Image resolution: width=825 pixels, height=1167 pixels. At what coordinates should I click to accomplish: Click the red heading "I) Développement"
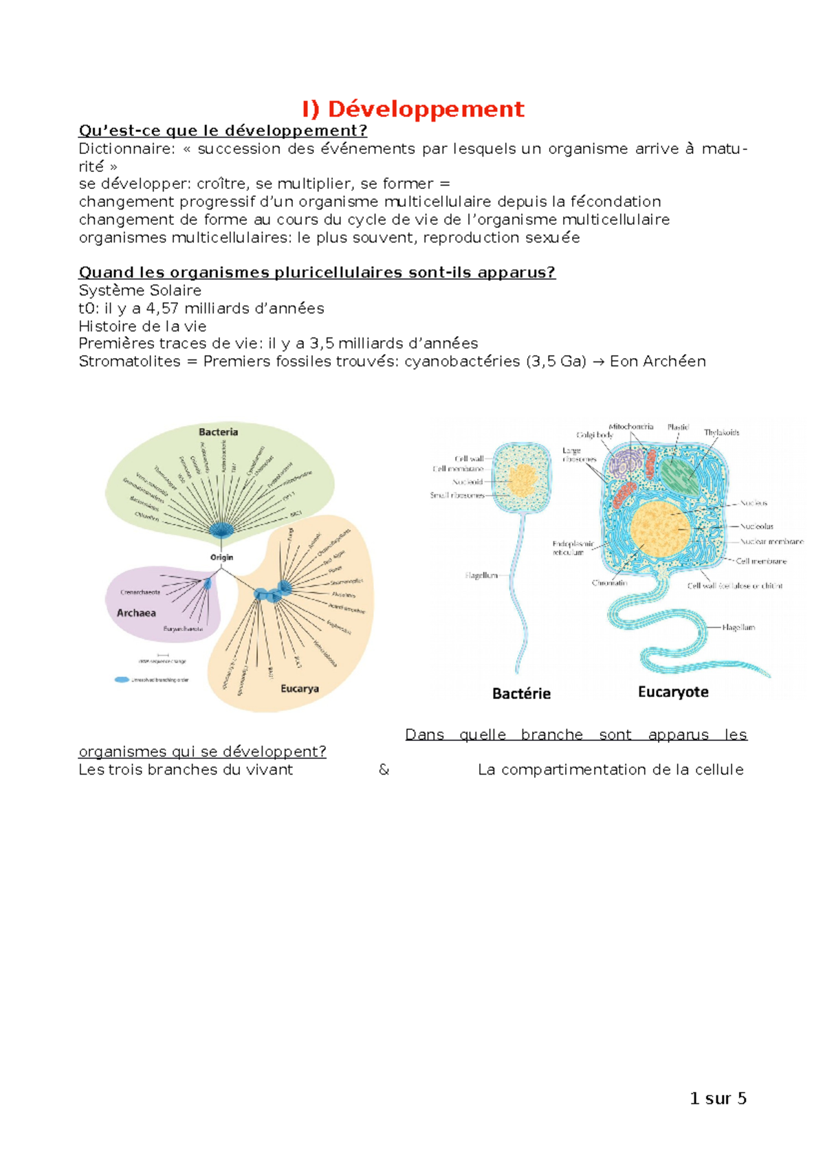pyautogui.click(x=412, y=109)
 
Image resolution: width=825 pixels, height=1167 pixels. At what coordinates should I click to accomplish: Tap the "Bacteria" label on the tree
pyautogui.click(x=218, y=432)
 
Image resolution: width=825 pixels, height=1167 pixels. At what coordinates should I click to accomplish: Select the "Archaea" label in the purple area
pyautogui.click(x=136, y=612)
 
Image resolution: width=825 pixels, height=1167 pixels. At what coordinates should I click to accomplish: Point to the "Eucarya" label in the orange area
pyautogui.click(x=299, y=688)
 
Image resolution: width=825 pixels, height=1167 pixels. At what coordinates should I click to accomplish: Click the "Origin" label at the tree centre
pyautogui.click(x=221, y=557)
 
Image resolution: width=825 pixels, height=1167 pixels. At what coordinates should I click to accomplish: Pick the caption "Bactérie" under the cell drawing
pyautogui.click(x=521, y=693)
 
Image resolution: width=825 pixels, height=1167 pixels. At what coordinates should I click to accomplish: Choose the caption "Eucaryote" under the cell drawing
pyautogui.click(x=673, y=691)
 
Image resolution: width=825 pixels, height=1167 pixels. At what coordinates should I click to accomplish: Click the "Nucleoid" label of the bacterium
pyautogui.click(x=467, y=482)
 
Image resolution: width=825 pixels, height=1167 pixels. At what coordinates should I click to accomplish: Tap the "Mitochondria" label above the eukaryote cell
pyautogui.click(x=630, y=427)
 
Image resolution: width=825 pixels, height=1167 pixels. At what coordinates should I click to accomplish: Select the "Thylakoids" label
pyautogui.click(x=721, y=432)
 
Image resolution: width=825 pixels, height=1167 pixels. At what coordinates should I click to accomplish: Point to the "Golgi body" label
pyautogui.click(x=594, y=435)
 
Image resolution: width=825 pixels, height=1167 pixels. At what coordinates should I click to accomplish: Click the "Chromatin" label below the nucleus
pyautogui.click(x=609, y=583)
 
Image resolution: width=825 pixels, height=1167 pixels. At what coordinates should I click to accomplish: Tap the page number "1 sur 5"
pyautogui.click(x=718, y=1098)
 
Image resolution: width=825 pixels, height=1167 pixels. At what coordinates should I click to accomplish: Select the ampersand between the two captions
pyautogui.click(x=384, y=770)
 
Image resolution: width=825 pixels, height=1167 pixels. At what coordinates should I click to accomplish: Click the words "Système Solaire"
pyautogui.click(x=140, y=291)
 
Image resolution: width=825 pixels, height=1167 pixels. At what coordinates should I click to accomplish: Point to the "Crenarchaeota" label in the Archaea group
pyautogui.click(x=140, y=592)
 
